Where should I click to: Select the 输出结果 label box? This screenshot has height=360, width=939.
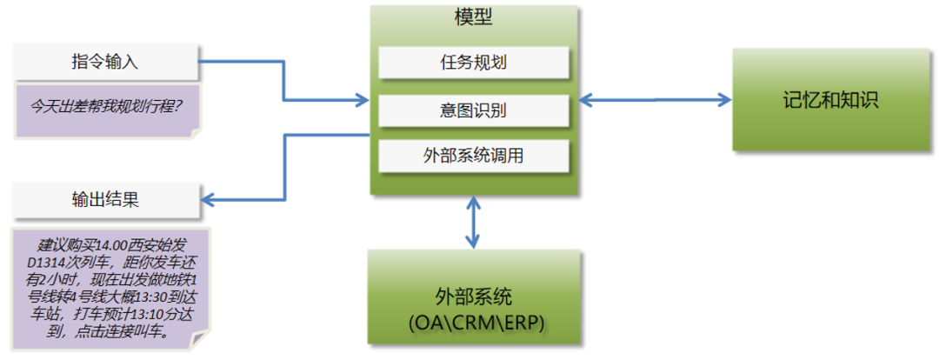click(x=105, y=199)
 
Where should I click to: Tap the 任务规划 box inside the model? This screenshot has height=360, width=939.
click(x=474, y=63)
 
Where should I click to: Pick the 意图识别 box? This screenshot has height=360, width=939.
click(x=474, y=110)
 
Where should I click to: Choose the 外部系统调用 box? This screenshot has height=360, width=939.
click(x=474, y=157)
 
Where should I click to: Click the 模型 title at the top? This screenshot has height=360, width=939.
click(x=474, y=17)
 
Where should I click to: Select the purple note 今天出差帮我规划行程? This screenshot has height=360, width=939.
click(x=107, y=110)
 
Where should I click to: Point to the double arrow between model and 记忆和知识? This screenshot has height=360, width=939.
click(x=656, y=99)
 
